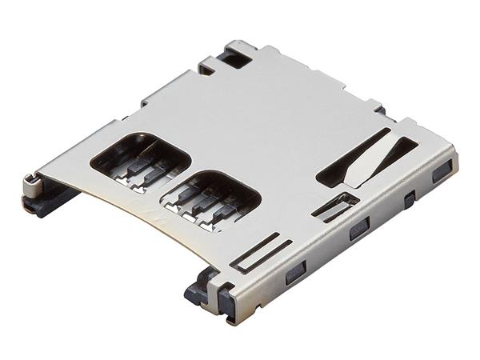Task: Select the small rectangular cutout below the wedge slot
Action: (x=334, y=206)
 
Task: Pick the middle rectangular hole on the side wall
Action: (x=359, y=230)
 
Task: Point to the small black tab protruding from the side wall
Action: (x=410, y=200)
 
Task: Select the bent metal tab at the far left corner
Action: (x=31, y=185)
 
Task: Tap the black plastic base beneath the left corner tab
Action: (x=44, y=204)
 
